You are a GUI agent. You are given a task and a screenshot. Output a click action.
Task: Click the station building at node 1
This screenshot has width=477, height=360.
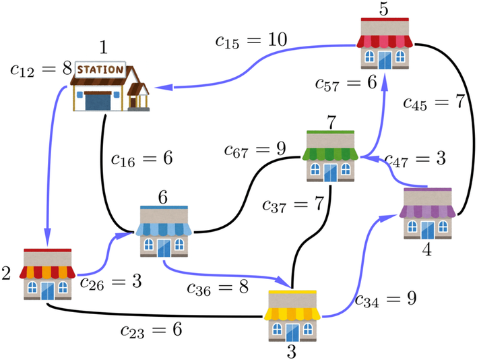tap(110, 86)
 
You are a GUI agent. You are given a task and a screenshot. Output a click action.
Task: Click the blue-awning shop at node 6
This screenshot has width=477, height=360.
tap(164, 231)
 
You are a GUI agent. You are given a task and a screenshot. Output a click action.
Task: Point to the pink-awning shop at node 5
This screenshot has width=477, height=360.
tap(385, 43)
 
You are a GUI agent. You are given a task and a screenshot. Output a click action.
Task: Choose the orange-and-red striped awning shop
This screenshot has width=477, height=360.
tap(47, 274)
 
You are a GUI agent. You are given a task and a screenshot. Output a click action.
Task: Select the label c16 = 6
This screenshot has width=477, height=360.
tap(141, 159)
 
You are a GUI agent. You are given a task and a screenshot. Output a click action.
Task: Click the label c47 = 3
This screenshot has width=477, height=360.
tap(416, 160)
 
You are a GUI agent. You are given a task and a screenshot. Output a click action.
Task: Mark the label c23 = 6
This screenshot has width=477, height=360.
tap(151, 330)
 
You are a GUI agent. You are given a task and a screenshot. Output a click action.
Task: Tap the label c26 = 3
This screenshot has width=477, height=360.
tap(110, 282)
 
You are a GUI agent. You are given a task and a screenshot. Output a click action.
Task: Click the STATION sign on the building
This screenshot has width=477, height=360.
tap(101, 69)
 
